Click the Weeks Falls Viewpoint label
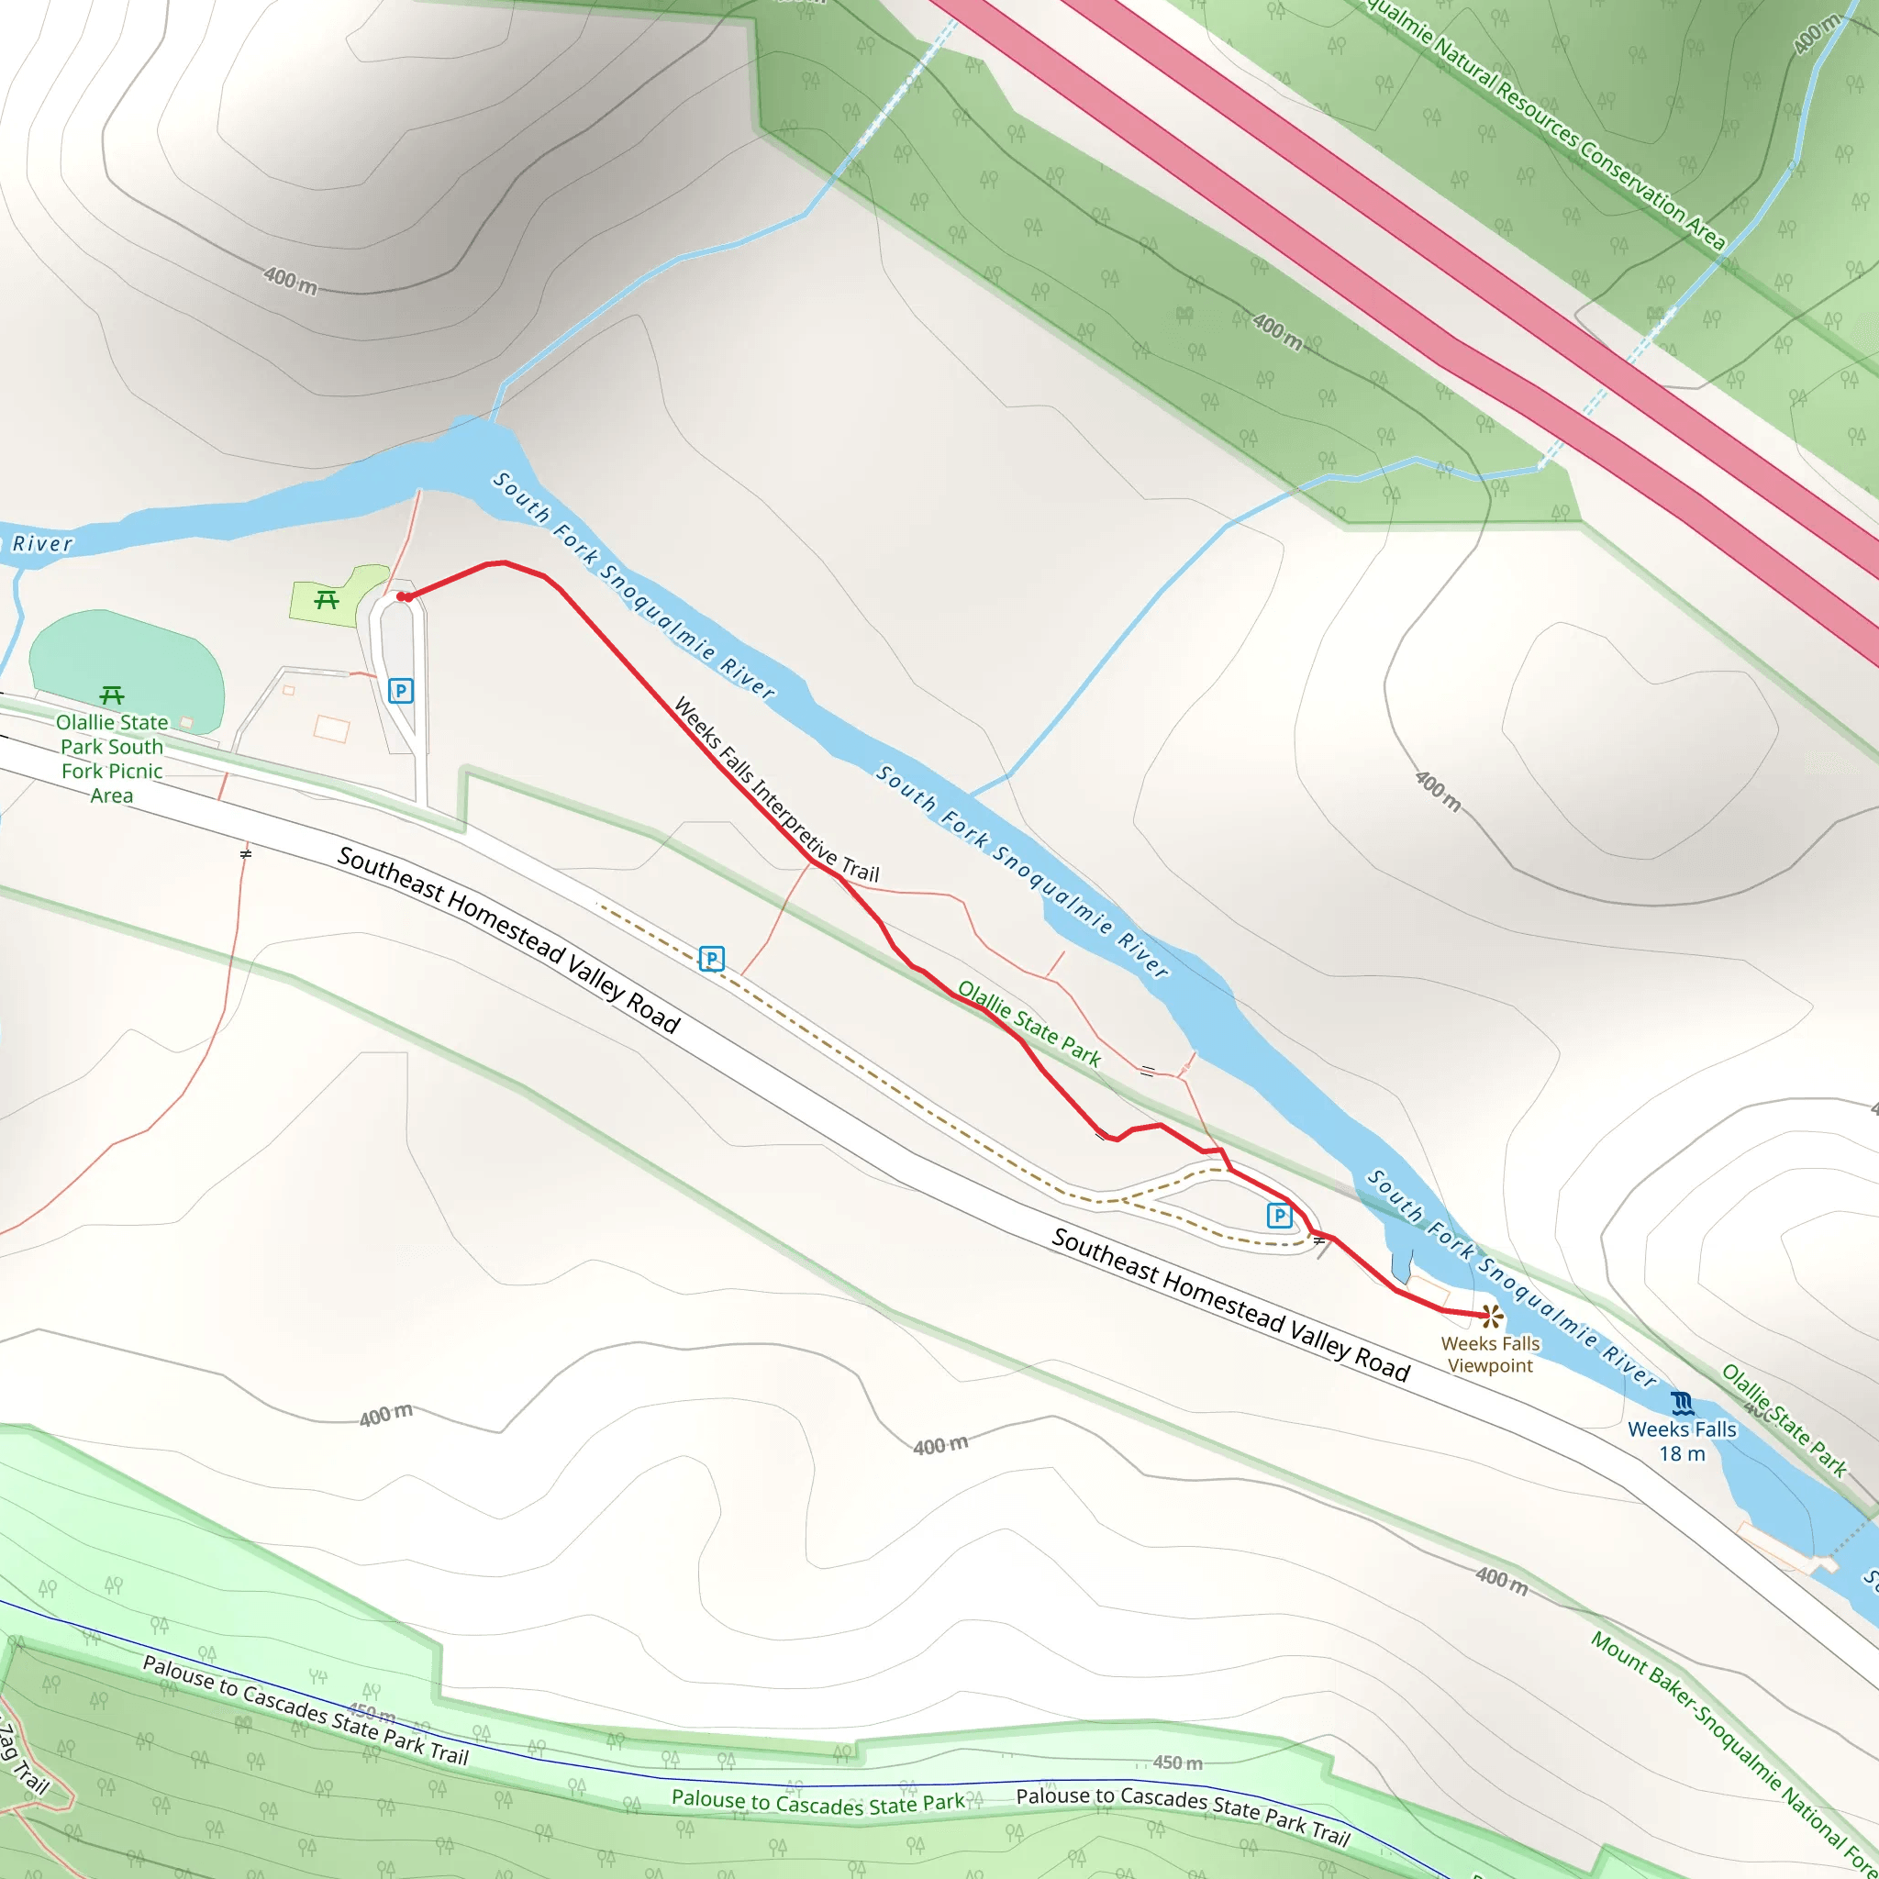click(x=1490, y=1354)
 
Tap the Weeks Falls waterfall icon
click(x=1683, y=1404)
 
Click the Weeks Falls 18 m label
click(x=1682, y=1441)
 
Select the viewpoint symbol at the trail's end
click(x=1492, y=1317)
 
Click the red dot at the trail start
click(x=402, y=596)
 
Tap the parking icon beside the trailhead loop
click(x=401, y=691)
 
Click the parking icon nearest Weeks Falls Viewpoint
click(x=1279, y=1215)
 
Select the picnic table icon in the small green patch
click(x=327, y=600)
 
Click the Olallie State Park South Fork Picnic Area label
click(x=112, y=759)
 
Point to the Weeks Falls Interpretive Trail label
click(x=775, y=790)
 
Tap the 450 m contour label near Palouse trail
click(x=1178, y=1762)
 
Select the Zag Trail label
click(x=21, y=1761)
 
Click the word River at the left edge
click(x=42, y=544)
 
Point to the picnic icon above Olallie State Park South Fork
click(x=112, y=695)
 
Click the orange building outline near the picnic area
click(x=331, y=728)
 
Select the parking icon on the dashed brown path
click(x=712, y=959)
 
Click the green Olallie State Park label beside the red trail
click(x=1029, y=1024)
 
